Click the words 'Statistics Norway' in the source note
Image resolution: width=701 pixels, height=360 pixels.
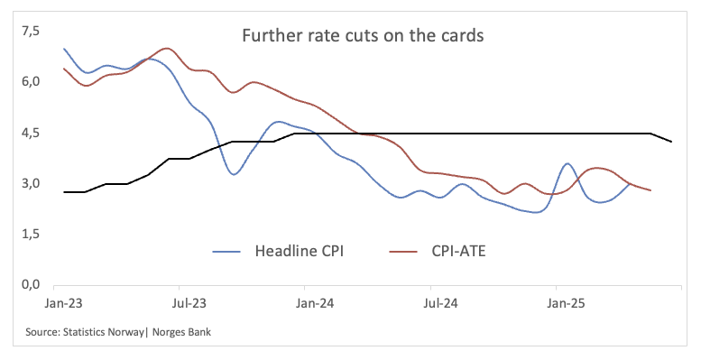click(101, 333)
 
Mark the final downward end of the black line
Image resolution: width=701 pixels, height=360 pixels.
click(670, 142)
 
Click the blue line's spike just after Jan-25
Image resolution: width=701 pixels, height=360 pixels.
click(567, 164)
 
